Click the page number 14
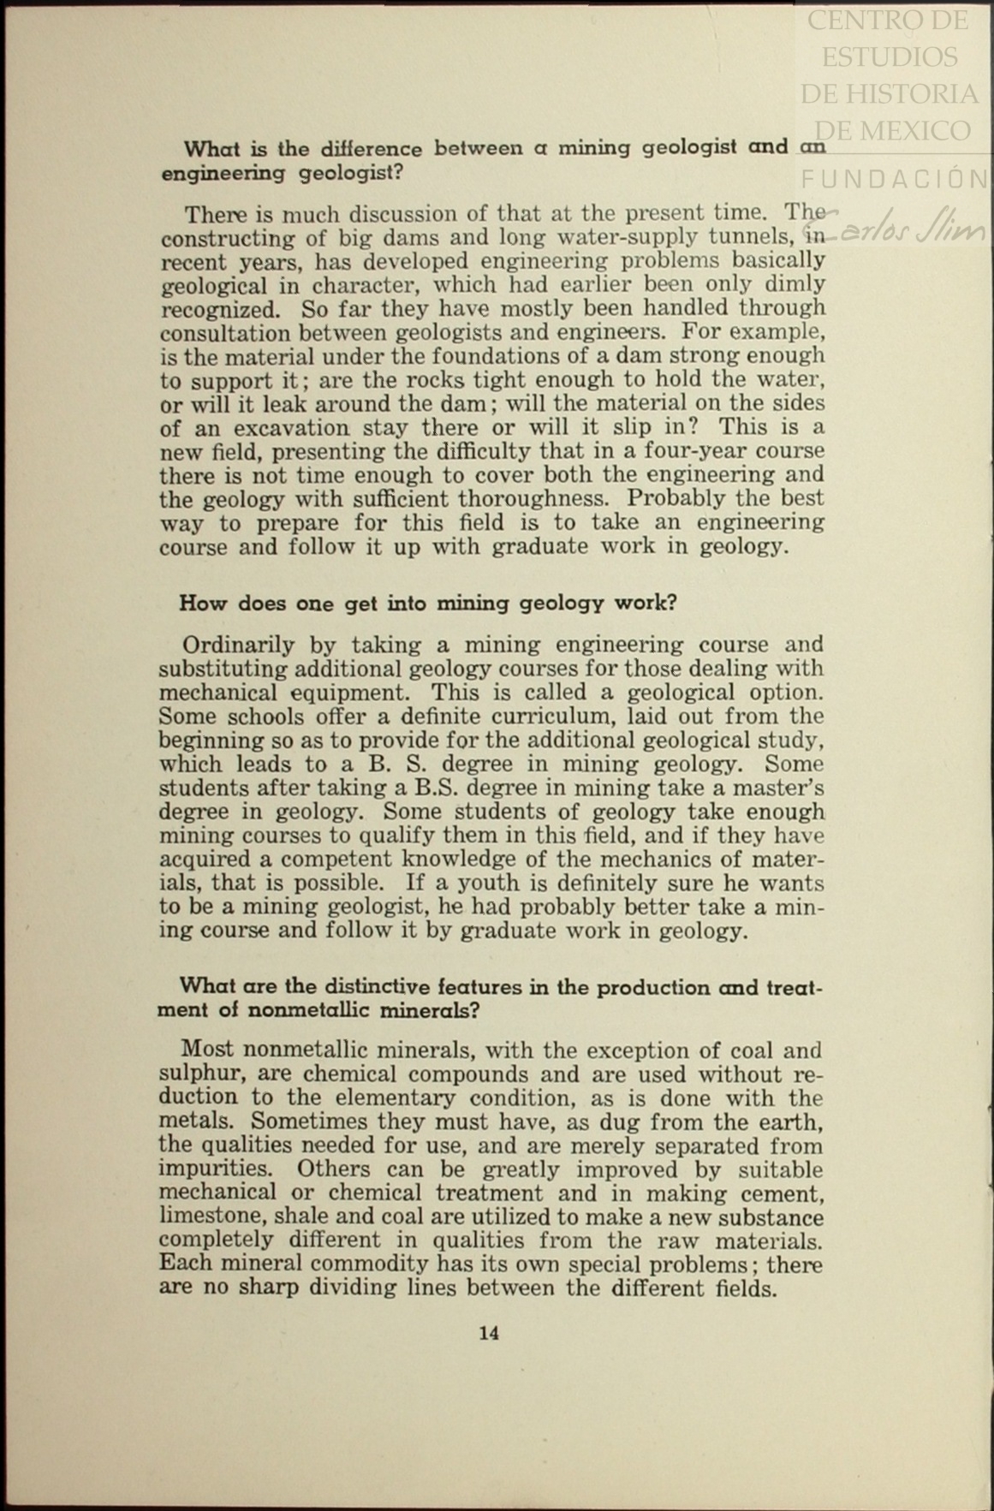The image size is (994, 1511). tap(489, 1333)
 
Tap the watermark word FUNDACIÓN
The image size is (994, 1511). tap(895, 178)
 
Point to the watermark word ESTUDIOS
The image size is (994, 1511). tap(890, 57)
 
